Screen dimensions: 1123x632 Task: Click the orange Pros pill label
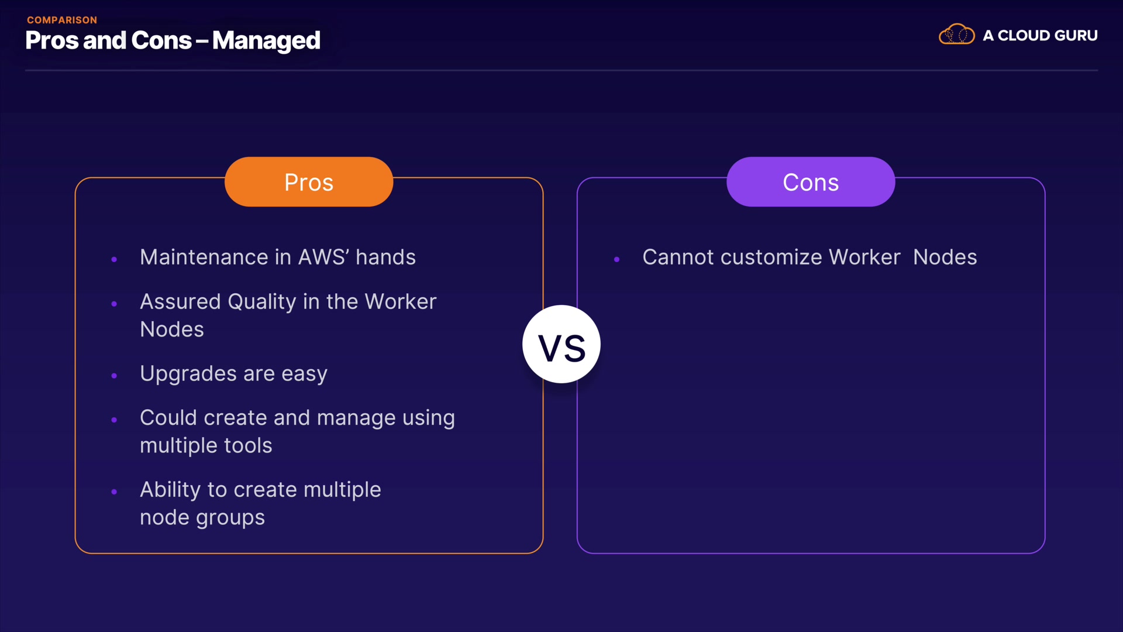pos(309,181)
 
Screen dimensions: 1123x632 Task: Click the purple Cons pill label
pos(811,181)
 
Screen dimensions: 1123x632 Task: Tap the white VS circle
pos(561,344)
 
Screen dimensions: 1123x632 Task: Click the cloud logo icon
pos(956,35)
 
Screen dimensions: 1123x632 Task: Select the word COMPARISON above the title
pos(62,20)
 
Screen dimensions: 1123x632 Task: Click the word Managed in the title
pos(266,41)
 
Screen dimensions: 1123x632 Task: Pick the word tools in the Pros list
pos(248,446)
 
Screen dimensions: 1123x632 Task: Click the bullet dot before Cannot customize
pos(616,259)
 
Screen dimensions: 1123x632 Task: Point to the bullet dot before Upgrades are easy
pos(114,376)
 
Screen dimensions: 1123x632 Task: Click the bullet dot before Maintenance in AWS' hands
pos(114,259)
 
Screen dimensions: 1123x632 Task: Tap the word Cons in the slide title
pos(161,40)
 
